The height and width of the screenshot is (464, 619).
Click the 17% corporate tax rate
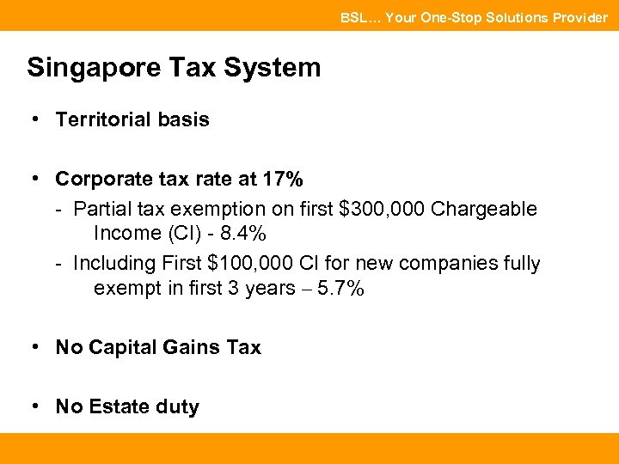283,179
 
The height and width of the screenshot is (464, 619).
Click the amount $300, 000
383,209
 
